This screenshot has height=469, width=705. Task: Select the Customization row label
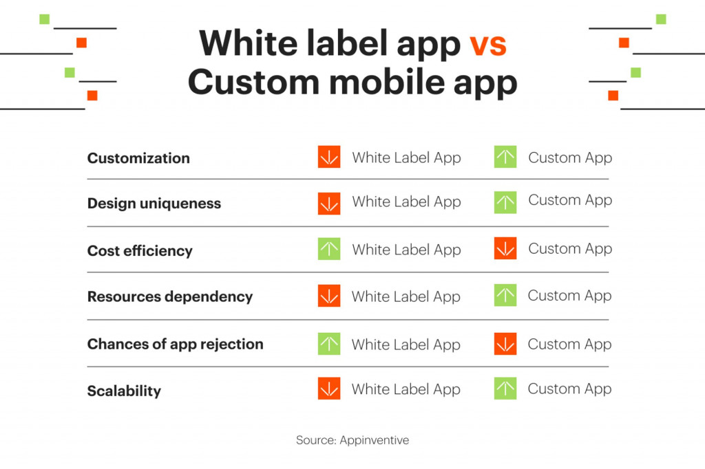coord(138,158)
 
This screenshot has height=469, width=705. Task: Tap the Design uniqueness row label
coord(154,204)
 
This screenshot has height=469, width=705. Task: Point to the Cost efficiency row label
coord(140,251)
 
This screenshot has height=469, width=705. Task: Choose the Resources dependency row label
coord(170,297)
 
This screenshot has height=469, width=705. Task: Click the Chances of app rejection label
coord(175,344)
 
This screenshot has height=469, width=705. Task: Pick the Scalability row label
coord(124,391)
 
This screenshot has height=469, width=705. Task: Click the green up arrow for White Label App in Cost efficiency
coord(329,249)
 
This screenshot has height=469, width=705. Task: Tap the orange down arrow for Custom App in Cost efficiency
coord(505,249)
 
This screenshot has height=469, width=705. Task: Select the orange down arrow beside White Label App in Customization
coord(329,157)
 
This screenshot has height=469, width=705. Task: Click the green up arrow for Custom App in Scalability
coord(505,389)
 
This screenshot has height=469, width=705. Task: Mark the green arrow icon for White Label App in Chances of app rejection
coord(329,344)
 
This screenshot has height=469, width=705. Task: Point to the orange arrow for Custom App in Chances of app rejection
coord(505,344)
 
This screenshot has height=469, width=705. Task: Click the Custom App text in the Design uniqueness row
coord(570,201)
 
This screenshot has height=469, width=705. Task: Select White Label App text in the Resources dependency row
coord(406,297)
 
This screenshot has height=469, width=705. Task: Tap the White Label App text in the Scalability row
coord(406,389)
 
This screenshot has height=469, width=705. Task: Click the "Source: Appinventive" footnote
coord(352,440)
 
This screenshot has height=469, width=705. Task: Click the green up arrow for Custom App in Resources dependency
coord(505,296)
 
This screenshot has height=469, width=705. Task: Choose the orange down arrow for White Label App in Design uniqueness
coord(329,204)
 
